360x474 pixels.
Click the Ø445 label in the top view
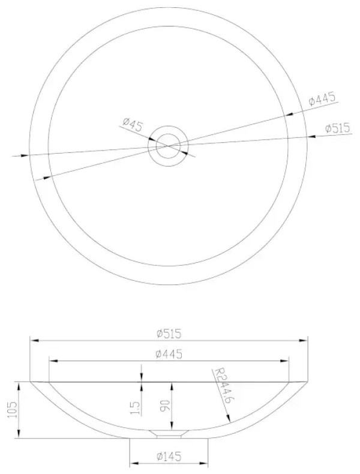pos(322,99)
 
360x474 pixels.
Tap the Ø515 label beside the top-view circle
pos(338,128)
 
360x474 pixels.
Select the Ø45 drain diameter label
pos(133,124)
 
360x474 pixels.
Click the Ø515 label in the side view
pos(169,334)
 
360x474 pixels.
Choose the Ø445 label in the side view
pos(169,353)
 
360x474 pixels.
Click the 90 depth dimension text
pos(167,405)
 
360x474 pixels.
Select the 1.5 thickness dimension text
pos(136,408)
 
